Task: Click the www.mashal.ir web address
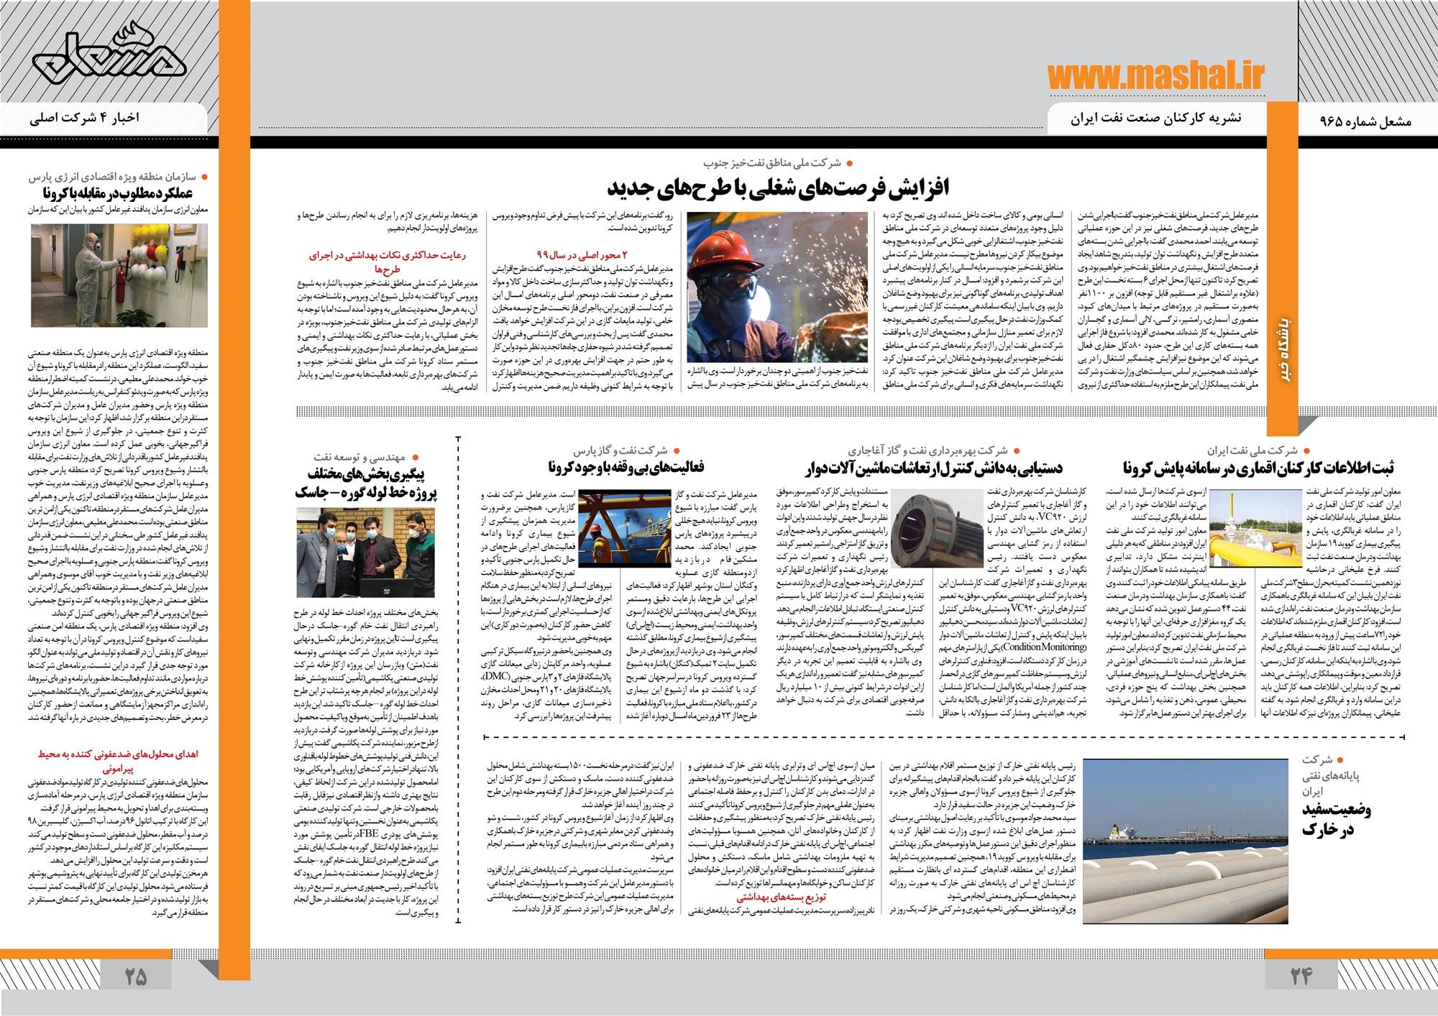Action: [x=1156, y=75]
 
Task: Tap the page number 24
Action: [x=1300, y=976]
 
